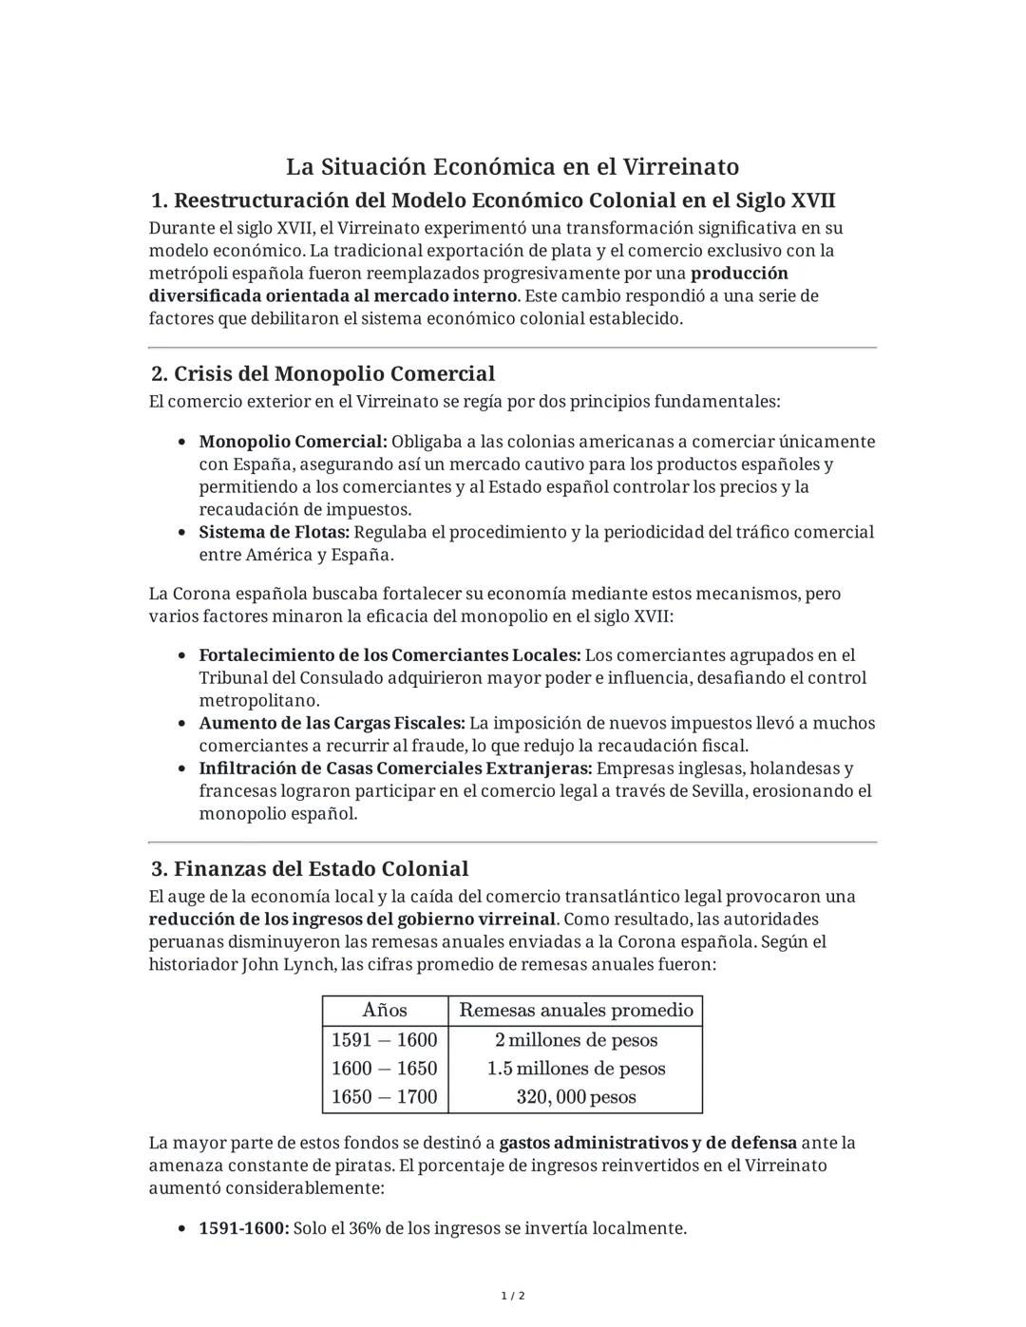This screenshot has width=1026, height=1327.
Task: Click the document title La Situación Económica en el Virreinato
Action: point(512,167)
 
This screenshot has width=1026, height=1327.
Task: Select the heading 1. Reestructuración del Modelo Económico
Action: point(493,200)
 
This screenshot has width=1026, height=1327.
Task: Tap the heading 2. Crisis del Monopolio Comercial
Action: point(323,373)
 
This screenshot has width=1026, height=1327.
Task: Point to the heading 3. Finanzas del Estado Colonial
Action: point(310,868)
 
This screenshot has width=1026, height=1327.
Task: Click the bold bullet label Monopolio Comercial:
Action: point(293,442)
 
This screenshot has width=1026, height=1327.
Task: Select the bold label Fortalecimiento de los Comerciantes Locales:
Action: point(389,655)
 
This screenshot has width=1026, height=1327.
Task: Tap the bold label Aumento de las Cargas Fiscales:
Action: point(332,723)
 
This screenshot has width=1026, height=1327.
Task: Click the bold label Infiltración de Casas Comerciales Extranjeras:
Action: point(395,768)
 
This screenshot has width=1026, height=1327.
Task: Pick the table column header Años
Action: point(385,1010)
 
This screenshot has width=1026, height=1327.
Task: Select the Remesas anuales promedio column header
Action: point(576,1010)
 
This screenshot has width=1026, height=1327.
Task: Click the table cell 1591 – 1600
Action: point(385,1040)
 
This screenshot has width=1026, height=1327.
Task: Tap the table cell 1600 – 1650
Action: point(385,1069)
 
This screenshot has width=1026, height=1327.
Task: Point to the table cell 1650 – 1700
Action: point(385,1097)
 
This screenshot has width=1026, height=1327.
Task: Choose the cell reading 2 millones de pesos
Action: point(576,1040)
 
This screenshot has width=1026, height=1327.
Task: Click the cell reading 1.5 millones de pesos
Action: point(576,1069)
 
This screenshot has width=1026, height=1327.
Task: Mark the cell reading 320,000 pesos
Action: point(576,1097)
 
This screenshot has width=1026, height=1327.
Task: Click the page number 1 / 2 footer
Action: point(513,1296)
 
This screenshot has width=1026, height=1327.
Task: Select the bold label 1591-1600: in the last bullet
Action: point(243,1228)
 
